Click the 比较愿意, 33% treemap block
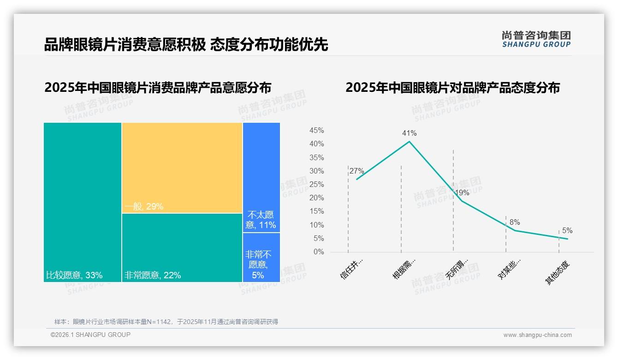tap(83, 202)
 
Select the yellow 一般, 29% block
tap(182, 168)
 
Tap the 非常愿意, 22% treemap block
tap(182, 247)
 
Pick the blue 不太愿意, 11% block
tap(261, 177)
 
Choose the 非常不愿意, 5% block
tap(261, 258)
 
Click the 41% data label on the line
tap(409, 133)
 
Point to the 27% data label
tap(357, 171)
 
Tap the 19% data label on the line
tap(462, 193)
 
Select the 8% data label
tap(515, 222)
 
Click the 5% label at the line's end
tap(567, 231)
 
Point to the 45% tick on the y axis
tap(316, 131)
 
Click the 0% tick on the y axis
tap(319, 252)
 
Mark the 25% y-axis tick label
tap(316, 185)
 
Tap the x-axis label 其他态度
tap(558, 273)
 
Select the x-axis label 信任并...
tap(352, 269)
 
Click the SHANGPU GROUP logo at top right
tap(536, 39)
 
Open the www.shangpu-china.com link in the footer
tap(537, 335)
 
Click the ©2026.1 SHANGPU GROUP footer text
tap(90, 335)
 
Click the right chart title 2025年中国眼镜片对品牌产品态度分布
tap(452, 88)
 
